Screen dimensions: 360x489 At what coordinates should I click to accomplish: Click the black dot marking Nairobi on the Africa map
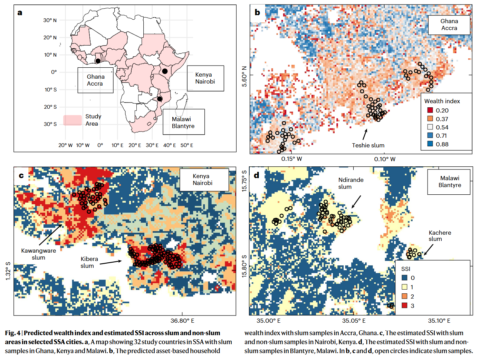click(165, 71)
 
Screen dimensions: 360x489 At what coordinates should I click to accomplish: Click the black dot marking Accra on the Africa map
click(98, 61)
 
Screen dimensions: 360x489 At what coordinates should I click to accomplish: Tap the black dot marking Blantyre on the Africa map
click(160, 99)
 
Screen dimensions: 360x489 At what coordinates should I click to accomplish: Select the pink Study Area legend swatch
click(73, 120)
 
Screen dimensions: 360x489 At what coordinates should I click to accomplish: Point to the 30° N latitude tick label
click(50, 20)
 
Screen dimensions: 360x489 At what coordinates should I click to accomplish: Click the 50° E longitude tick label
click(187, 145)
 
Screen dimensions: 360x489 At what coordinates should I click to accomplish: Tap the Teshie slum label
click(368, 145)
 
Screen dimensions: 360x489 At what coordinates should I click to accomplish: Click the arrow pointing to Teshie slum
click(365, 134)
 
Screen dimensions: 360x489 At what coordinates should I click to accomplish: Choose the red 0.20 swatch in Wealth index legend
click(430, 110)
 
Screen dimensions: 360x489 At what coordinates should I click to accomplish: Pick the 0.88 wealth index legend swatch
click(430, 144)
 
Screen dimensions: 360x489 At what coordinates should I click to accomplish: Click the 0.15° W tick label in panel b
click(291, 159)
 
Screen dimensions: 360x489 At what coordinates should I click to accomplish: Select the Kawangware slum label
click(38, 254)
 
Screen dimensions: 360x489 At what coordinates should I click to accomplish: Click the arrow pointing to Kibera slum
click(111, 263)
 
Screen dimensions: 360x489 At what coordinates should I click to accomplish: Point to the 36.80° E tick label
click(182, 321)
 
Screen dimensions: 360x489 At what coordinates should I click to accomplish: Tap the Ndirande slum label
click(351, 183)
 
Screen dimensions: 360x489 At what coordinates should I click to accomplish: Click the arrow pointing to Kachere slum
click(429, 250)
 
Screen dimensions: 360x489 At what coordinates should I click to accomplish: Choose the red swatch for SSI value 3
click(404, 305)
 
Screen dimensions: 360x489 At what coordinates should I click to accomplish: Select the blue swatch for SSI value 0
click(404, 278)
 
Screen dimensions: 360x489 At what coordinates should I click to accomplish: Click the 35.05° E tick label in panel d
click(354, 321)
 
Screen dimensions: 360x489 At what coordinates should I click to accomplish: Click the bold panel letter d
click(257, 175)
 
